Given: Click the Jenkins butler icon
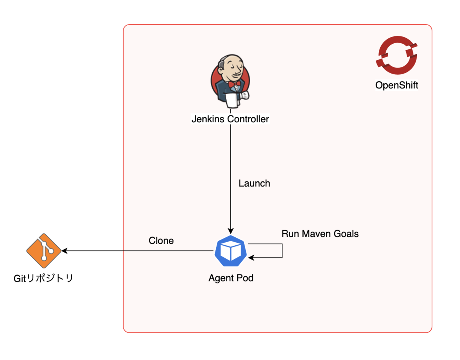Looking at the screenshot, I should tap(230, 81).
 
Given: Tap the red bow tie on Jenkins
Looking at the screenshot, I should tap(234, 83).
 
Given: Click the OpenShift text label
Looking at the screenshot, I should tap(396, 85).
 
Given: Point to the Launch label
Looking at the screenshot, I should tap(254, 183).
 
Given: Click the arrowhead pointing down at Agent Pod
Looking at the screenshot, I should tap(230, 231).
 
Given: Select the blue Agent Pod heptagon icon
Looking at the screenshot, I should tap(231, 251).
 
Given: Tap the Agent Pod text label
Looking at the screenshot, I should tap(231, 278).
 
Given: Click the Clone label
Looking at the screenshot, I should tap(161, 241).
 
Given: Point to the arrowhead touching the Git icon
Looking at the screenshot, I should tap(64, 251).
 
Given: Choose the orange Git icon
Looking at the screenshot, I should tap(44, 251).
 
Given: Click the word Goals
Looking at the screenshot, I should tap(347, 233).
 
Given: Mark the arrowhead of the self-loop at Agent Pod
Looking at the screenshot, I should tap(251, 258).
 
